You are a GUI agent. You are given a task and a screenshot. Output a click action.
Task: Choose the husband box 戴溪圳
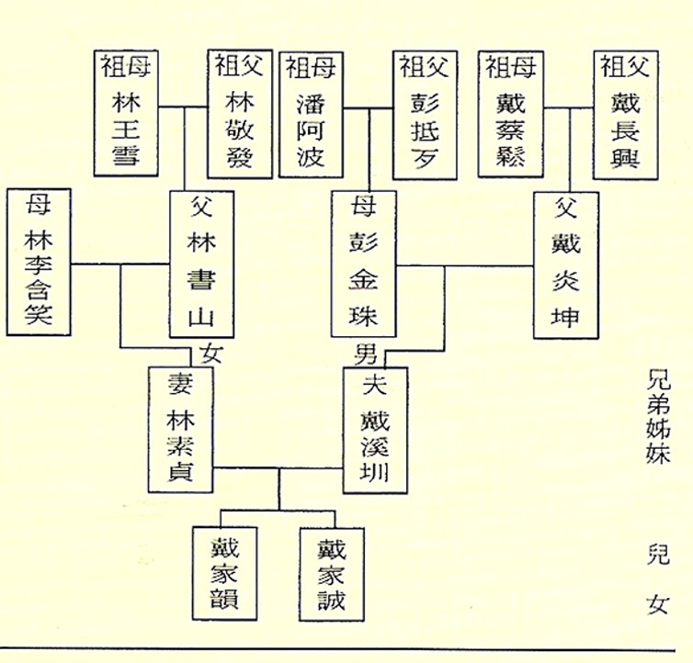375,430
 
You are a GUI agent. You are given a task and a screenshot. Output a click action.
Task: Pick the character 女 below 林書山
211,353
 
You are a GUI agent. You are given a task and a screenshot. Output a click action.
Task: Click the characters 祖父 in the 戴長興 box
627,67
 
